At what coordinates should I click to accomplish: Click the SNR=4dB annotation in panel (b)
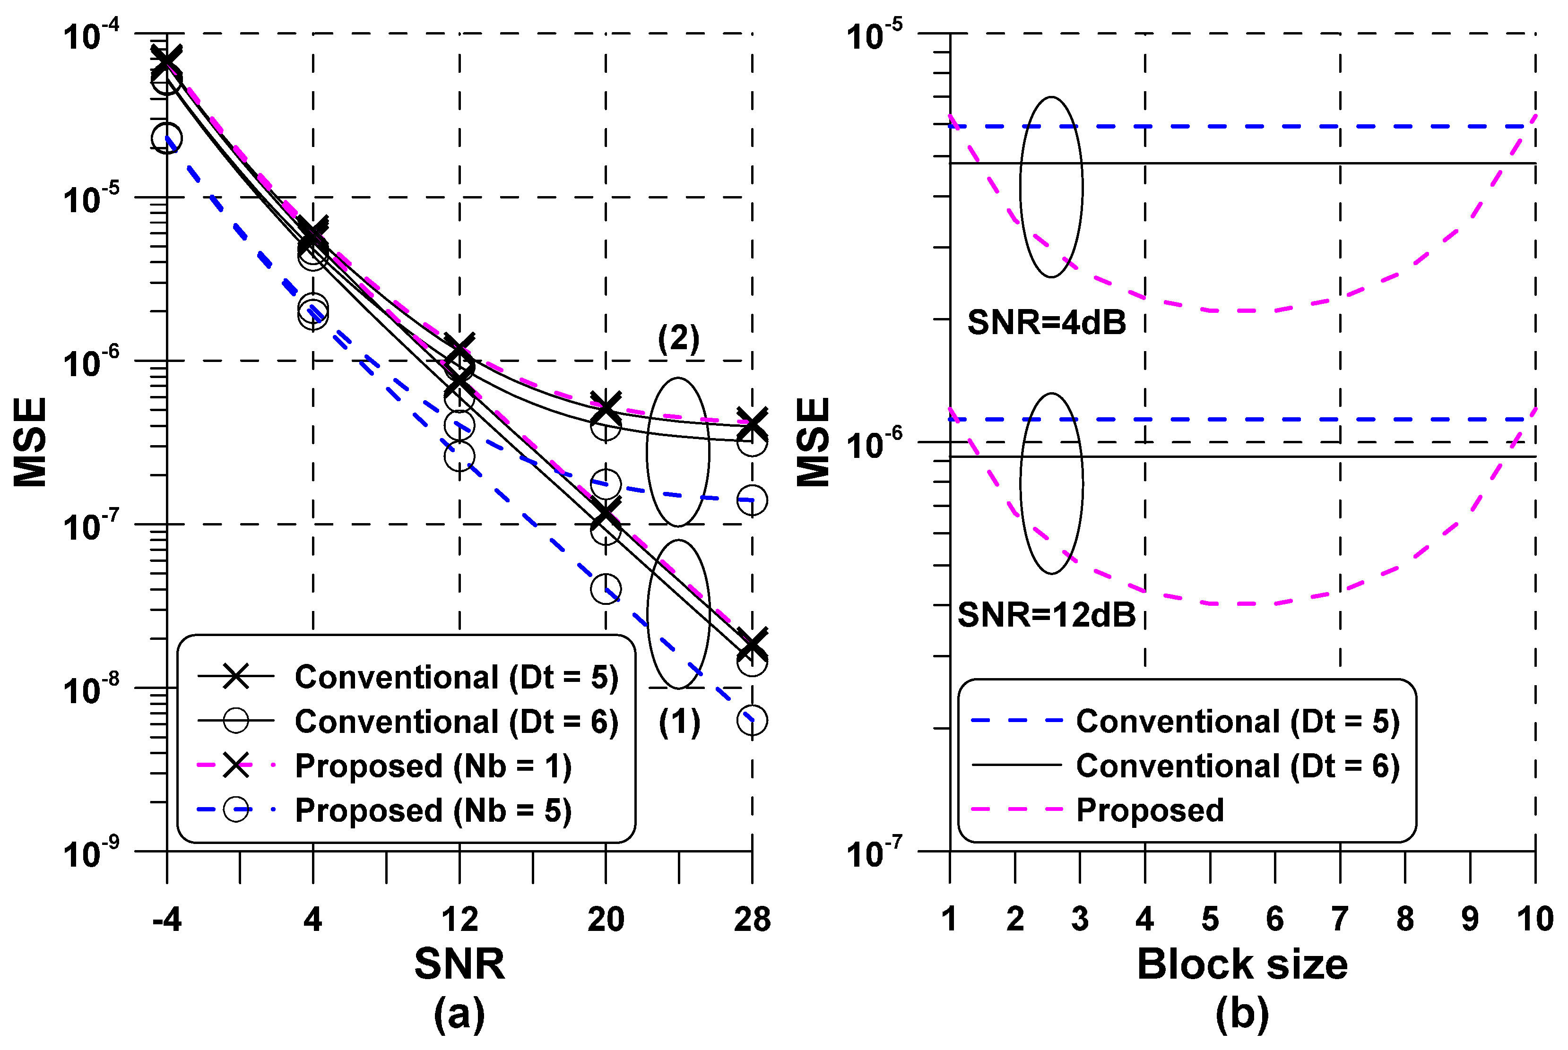[x=1046, y=323]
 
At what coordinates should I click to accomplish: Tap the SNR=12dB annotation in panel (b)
[x=1046, y=615]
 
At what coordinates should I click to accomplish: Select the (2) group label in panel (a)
[x=678, y=339]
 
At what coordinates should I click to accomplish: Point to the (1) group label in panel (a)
[x=679, y=723]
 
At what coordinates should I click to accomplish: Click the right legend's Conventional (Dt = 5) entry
[x=1237, y=721]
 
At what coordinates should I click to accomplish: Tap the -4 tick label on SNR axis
[x=167, y=920]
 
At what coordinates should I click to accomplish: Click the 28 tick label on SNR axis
[x=752, y=920]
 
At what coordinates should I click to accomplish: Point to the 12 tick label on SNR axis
[x=459, y=920]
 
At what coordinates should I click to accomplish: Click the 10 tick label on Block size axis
[x=1534, y=920]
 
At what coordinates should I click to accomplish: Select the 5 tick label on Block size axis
[x=1210, y=920]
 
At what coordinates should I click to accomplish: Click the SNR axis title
[x=459, y=964]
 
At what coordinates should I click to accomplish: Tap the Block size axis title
[x=1242, y=964]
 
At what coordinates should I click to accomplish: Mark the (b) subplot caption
[x=1242, y=1013]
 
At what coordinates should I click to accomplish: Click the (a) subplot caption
[x=459, y=1013]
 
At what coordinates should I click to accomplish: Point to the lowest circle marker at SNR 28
[x=752, y=721]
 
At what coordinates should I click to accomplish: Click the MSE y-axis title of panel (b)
[x=813, y=442]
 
